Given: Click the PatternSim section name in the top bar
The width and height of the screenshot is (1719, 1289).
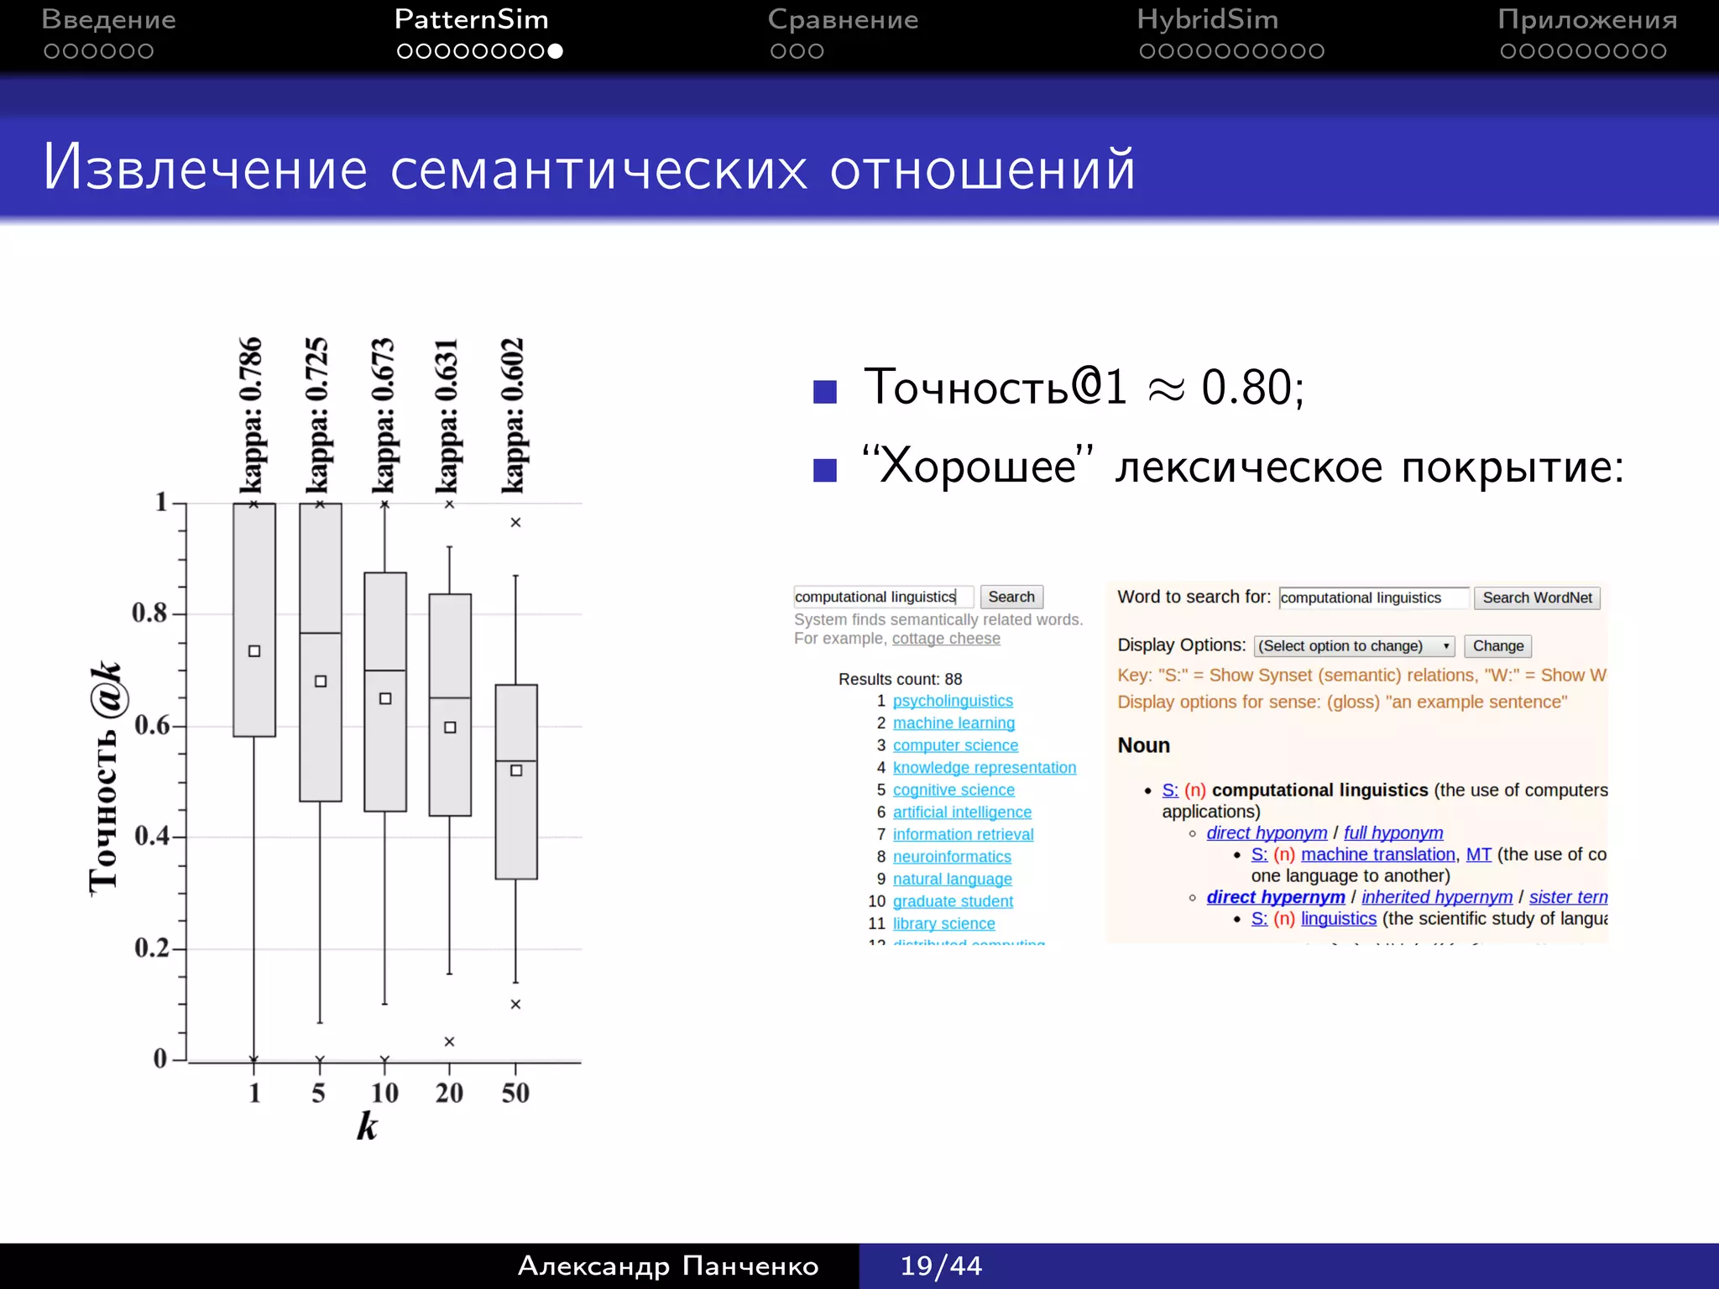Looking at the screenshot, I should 471,19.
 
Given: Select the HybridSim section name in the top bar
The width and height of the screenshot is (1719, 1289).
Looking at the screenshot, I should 1207,19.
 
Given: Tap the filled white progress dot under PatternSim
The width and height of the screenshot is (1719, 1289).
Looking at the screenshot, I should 555,51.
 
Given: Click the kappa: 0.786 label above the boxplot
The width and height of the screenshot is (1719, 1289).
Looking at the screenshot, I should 251,415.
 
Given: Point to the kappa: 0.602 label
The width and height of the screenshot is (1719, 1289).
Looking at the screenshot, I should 513,415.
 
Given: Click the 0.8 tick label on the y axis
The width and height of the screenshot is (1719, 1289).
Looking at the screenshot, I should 149,613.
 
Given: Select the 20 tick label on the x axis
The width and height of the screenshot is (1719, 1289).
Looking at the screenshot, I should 449,1093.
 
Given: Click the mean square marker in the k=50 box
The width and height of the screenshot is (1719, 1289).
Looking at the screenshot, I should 516,770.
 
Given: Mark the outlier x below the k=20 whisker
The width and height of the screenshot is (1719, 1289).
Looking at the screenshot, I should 449,1041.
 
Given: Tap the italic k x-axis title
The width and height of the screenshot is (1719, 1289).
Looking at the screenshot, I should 367,1126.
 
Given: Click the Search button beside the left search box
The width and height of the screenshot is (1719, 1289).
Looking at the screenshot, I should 1011,597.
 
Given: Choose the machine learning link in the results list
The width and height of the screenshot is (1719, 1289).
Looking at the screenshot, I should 954,723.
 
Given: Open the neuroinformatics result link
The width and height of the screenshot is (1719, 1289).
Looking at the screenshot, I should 952,857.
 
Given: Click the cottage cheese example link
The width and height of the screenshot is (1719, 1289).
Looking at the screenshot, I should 946,639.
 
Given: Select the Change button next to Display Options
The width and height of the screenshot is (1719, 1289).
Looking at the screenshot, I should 1497,645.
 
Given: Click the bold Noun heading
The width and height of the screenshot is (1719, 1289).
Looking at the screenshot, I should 1143,745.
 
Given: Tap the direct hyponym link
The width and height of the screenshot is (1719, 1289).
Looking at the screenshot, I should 1267,832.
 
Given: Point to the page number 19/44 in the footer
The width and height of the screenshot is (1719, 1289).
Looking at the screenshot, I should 941,1266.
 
